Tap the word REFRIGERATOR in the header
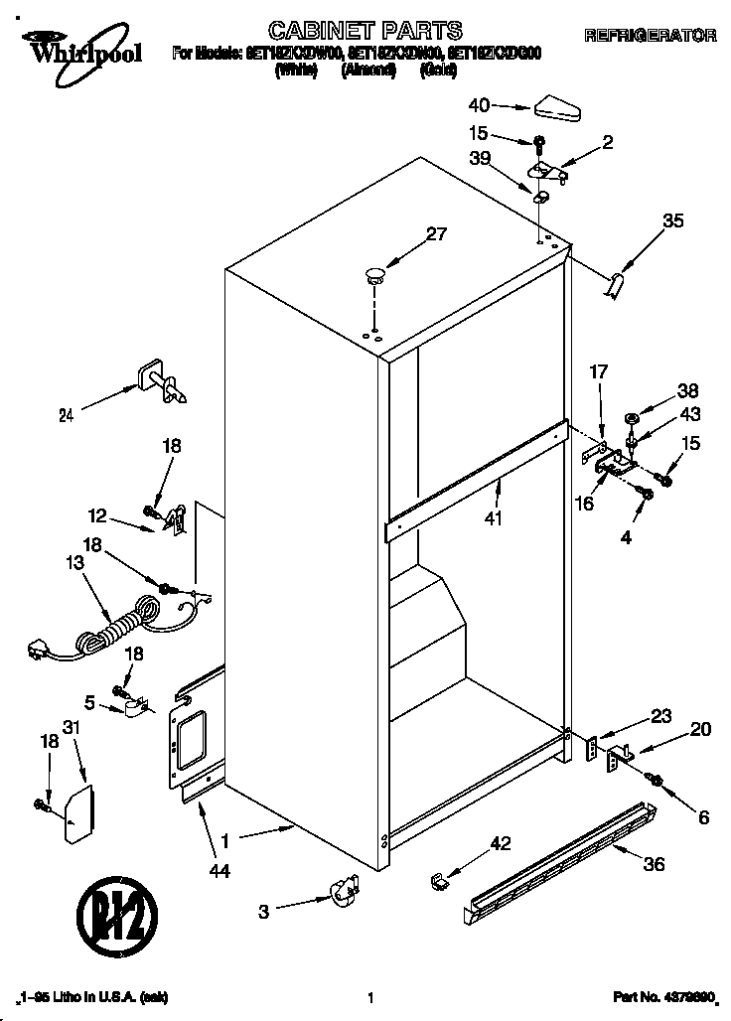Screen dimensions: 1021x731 pyautogui.click(x=651, y=36)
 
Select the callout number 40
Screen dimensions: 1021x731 pyautogui.click(x=479, y=103)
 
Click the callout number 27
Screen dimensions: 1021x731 pyautogui.click(x=436, y=235)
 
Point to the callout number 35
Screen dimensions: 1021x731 pyautogui.click(x=672, y=221)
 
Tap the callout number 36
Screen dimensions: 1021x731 pyautogui.click(x=653, y=864)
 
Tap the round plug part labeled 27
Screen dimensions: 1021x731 pyautogui.click(x=375, y=275)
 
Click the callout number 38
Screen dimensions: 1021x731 pyautogui.click(x=687, y=390)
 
